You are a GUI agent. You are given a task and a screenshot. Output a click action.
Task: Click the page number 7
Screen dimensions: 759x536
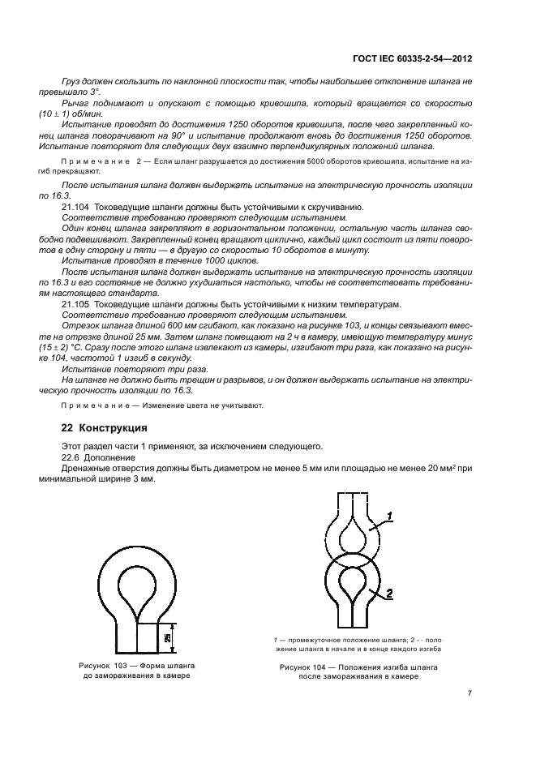pyautogui.click(x=470, y=693)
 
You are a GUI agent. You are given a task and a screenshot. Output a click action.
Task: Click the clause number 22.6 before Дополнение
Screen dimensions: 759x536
pyautogui.click(x=71, y=457)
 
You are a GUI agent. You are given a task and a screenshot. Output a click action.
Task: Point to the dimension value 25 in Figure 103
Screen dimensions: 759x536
pyautogui.click(x=168, y=638)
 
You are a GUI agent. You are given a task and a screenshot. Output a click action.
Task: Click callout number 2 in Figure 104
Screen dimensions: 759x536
pyautogui.click(x=388, y=594)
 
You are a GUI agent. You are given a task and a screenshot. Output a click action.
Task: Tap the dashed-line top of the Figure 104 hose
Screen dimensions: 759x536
pyautogui.click(x=354, y=493)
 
